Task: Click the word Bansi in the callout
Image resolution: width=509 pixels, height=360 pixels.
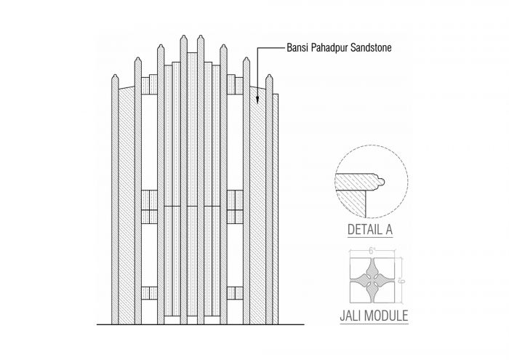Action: (x=297, y=48)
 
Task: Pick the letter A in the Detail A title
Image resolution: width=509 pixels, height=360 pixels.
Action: (x=388, y=230)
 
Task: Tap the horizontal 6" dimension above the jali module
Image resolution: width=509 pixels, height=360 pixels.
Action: (x=372, y=251)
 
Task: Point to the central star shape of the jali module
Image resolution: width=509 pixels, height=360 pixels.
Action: (x=372, y=280)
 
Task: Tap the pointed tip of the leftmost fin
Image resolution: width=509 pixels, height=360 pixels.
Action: (x=115, y=75)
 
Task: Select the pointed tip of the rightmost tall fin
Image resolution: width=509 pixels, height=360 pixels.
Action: (x=269, y=75)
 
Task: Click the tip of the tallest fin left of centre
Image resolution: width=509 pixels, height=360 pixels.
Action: (x=184, y=36)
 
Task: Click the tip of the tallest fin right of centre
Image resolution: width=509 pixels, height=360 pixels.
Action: (x=201, y=36)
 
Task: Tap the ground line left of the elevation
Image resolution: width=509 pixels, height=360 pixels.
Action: (x=104, y=324)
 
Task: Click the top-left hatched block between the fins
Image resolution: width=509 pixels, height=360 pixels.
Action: (x=149, y=84)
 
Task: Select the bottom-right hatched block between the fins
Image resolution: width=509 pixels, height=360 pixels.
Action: (x=235, y=293)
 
